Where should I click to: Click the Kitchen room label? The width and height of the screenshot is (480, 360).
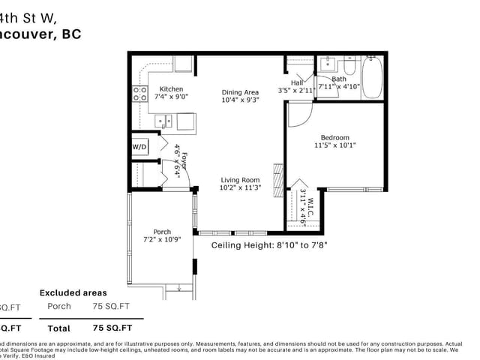172,88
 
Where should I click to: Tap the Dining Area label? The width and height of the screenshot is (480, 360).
240,92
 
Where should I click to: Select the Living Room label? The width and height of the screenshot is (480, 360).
240,179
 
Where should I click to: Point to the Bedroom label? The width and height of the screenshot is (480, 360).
334,137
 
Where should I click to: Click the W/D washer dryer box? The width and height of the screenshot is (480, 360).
140,147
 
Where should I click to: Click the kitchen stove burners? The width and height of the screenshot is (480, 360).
139,93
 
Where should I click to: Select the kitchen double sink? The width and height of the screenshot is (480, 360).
166,120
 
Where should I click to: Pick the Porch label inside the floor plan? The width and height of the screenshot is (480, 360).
162,232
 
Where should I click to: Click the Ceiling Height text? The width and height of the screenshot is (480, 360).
269,244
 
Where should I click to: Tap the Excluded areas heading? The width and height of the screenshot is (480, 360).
73,292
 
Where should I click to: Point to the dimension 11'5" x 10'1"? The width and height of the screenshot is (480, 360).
334,145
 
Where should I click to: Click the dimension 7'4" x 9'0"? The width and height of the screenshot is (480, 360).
172,97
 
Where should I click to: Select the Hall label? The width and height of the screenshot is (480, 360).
297,82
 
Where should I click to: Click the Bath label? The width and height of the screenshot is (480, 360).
339,79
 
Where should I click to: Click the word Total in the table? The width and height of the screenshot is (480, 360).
58,328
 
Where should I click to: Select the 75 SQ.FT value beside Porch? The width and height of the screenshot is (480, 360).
111,306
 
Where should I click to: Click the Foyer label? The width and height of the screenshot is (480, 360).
182,159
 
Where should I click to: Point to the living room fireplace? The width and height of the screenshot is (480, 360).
277,177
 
